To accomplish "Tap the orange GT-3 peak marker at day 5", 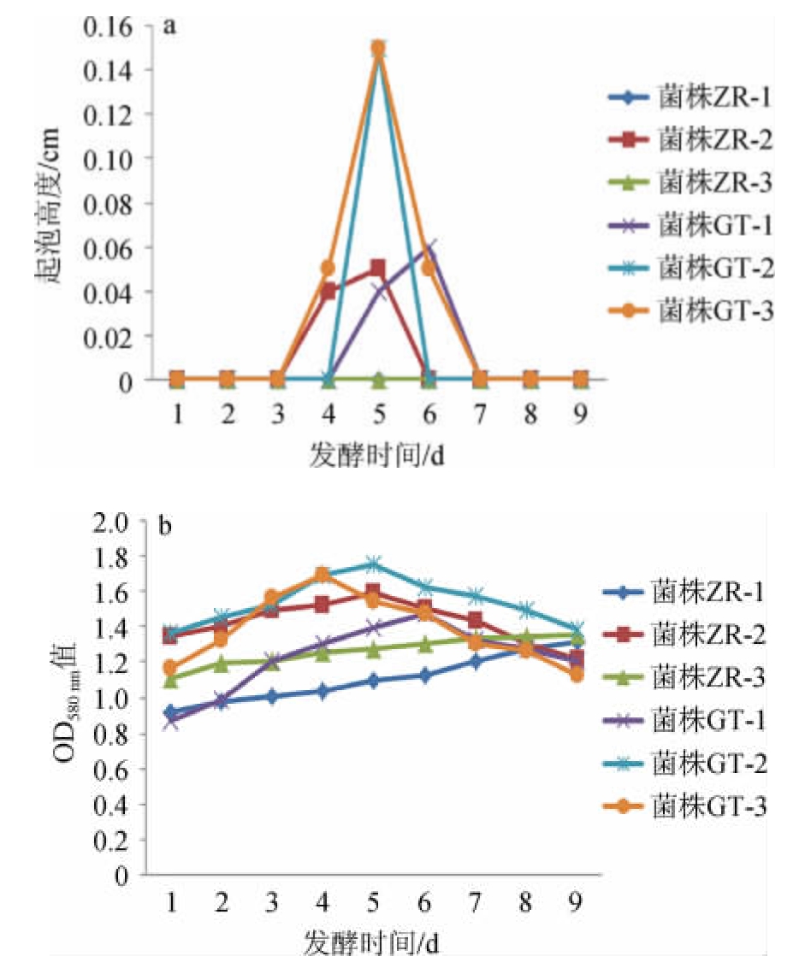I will tap(378, 48).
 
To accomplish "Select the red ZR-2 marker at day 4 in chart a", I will tap(329, 291).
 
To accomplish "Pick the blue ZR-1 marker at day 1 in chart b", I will tap(172, 711).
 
